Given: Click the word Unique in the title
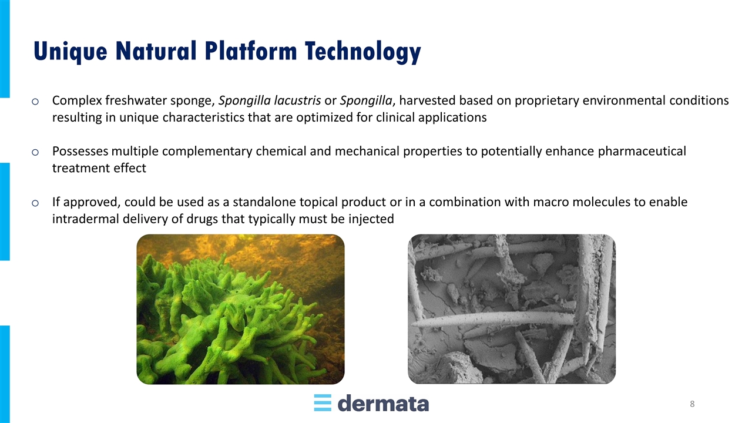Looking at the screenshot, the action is coord(70,52).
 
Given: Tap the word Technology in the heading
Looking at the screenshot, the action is coord(363,52).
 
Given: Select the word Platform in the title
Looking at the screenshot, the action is coord(251,51).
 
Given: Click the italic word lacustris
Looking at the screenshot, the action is coord(297,100).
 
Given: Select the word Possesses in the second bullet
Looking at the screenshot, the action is coord(80,152).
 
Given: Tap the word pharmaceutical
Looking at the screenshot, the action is coord(642,152).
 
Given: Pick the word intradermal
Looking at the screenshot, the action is coord(86,219).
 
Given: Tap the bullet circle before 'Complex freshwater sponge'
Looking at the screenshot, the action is coord(35,101).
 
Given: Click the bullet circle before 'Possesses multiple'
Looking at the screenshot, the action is coord(35,152).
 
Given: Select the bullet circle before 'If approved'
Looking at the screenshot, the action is coord(35,203).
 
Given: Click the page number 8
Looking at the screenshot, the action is coord(692,404).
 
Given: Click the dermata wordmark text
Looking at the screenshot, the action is coord(383,403).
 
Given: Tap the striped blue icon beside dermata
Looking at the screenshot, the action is coord(323,403).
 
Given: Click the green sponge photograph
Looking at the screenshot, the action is coord(240,309).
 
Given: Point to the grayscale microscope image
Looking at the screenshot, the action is coord(512,309).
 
